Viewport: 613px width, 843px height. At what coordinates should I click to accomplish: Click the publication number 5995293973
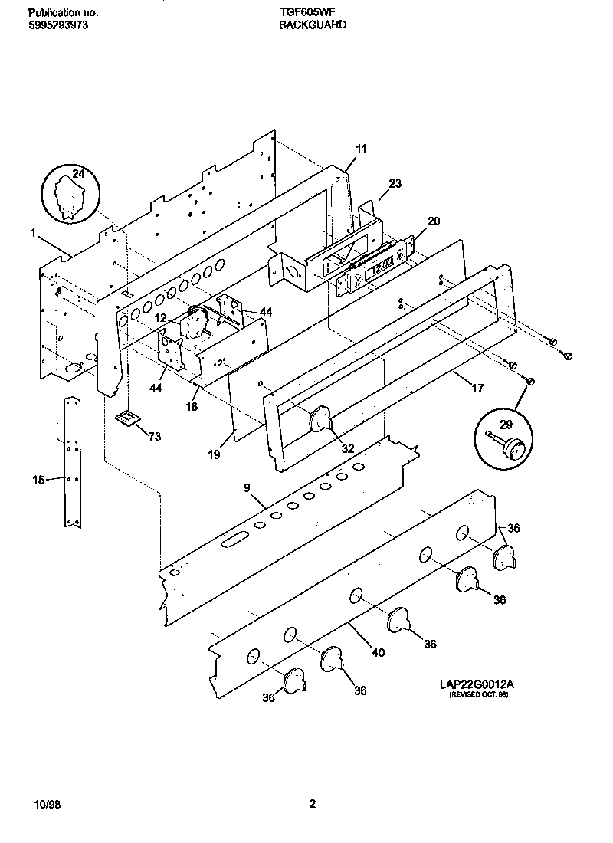59,25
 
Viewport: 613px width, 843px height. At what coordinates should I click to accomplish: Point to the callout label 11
361,149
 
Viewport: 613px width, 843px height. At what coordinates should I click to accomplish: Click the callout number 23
395,183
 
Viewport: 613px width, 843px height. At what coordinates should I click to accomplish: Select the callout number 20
434,221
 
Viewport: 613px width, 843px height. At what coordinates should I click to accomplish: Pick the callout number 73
154,436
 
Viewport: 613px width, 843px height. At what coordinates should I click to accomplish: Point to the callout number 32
348,449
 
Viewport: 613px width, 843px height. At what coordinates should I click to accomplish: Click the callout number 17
477,388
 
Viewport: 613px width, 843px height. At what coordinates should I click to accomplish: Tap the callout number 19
214,454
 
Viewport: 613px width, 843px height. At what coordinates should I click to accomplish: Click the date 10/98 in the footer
47,804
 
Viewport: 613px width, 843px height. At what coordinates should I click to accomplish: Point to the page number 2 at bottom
312,804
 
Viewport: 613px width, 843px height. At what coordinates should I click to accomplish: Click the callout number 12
159,317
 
